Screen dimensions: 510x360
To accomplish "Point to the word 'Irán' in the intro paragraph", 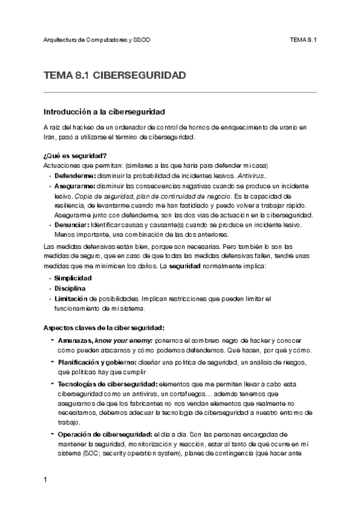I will point(51,137).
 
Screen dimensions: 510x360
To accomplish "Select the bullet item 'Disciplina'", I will point(70,289).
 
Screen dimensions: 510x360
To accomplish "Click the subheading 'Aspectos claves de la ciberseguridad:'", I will point(104,328).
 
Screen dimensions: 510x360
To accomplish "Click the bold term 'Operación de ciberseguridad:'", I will point(105,433).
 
